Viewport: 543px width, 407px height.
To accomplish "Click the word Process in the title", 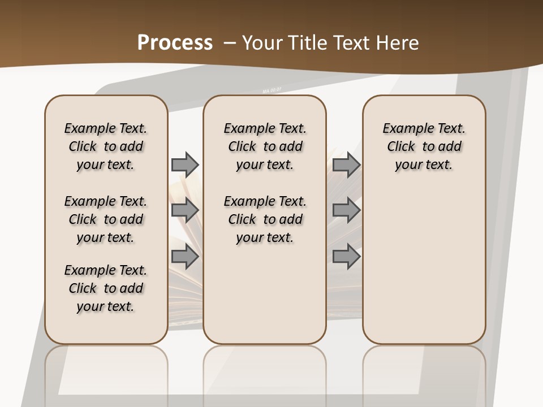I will pyautogui.click(x=175, y=43).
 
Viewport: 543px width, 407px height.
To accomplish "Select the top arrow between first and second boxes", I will pyautogui.click(x=185, y=164).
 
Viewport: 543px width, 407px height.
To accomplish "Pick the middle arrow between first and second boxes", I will pyautogui.click(x=185, y=210).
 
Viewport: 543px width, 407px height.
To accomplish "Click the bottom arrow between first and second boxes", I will pyautogui.click(x=185, y=257).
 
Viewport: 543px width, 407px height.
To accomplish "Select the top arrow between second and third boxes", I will pyautogui.click(x=346, y=164).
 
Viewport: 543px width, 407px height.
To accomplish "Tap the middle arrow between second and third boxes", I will pyautogui.click(x=346, y=210).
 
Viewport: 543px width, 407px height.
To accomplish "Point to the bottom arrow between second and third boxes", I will pyautogui.click(x=346, y=257).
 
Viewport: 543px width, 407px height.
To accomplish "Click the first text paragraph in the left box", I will pyautogui.click(x=106, y=146).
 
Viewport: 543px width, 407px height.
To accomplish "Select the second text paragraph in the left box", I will pyautogui.click(x=106, y=219).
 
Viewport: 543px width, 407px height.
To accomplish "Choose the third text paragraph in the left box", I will pyautogui.click(x=106, y=288).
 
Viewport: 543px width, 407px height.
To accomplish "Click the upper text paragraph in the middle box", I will pyautogui.click(x=265, y=146).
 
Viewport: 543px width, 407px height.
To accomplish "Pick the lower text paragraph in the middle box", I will pyautogui.click(x=265, y=219).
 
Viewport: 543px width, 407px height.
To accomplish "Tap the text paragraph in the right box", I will pyautogui.click(x=424, y=146).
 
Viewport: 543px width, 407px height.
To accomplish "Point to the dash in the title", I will pyautogui.click(x=230, y=43).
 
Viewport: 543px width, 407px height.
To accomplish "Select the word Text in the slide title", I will pyautogui.click(x=351, y=43).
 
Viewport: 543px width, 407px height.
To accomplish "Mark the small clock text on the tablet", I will pyautogui.click(x=272, y=90).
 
